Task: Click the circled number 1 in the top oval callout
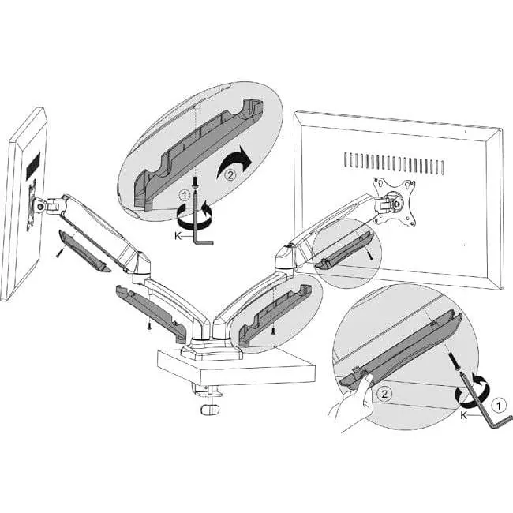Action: [185, 196]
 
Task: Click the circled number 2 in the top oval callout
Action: [230, 175]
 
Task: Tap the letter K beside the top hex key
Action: [178, 235]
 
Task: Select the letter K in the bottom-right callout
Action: [463, 415]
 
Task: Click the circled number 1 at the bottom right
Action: [499, 406]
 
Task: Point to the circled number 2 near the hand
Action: [384, 394]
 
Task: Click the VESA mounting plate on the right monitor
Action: [395, 201]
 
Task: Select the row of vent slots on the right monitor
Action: [394, 163]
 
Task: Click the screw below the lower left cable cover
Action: [149, 325]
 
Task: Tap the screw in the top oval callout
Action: [195, 182]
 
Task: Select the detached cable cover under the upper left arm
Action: [84, 250]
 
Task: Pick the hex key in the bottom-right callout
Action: [485, 399]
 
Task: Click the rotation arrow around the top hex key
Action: [194, 215]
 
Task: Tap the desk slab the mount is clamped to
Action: [236, 367]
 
